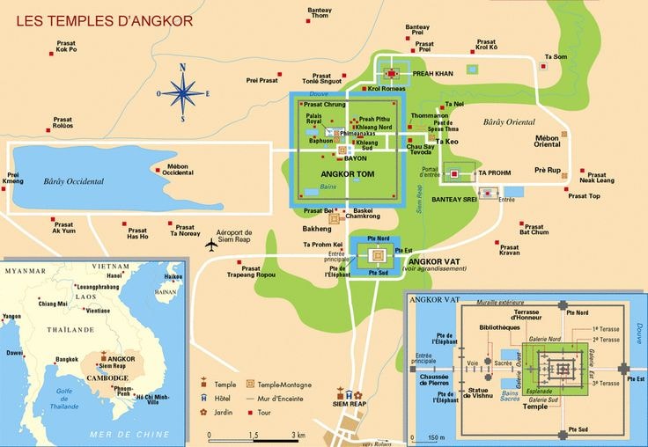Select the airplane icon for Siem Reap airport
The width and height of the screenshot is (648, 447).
coord(210,245)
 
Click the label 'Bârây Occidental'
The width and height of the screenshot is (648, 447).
coord(73,181)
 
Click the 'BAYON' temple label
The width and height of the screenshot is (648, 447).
coord(355,158)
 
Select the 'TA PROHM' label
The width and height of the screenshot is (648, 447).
coord(494,173)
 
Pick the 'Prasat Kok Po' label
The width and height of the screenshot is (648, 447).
coord(66,47)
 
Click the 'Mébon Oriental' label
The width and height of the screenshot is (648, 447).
coord(547,141)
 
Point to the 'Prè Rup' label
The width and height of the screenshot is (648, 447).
coord(547,169)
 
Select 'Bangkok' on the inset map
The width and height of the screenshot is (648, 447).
coord(67,359)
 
